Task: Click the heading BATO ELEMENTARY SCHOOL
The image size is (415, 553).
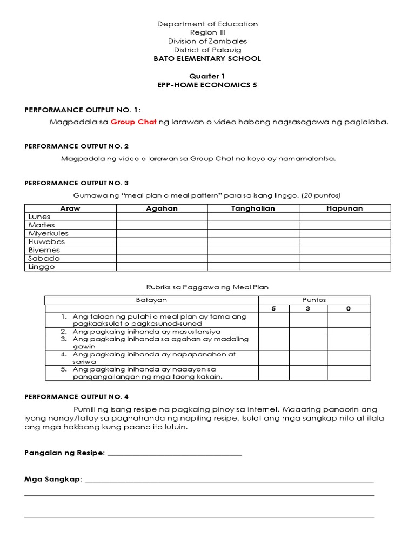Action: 207,58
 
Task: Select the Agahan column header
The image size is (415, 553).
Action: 162,208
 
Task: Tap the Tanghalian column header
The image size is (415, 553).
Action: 253,208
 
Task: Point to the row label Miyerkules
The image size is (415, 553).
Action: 49,233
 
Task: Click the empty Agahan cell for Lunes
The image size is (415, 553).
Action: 162,217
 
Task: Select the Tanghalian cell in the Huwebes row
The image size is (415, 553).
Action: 253,242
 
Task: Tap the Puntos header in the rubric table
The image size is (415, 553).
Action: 314,300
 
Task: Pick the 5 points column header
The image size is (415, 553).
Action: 273,308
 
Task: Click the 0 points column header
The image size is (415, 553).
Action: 349,308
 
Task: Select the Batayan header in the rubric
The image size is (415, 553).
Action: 151,300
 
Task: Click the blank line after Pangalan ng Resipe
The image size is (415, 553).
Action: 175,453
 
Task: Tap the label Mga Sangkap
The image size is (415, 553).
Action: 52,479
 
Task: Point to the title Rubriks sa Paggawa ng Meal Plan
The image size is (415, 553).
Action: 207,287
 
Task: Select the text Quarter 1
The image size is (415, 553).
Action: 207,77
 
